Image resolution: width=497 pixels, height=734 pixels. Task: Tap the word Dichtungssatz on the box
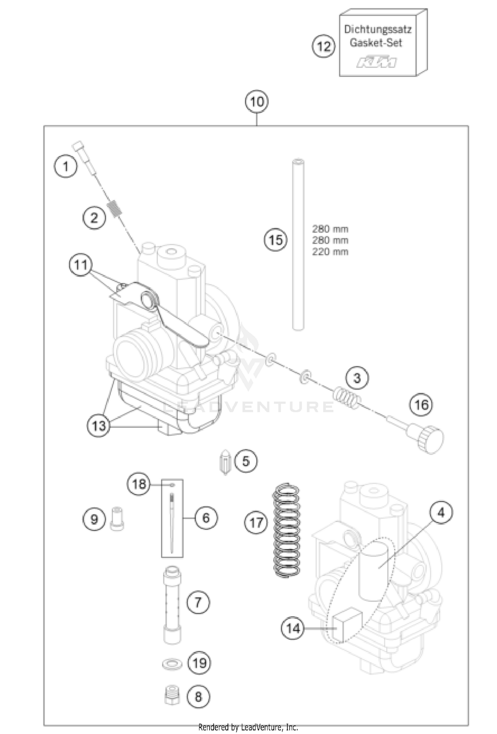[377, 30]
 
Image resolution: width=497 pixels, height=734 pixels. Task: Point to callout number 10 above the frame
[257, 102]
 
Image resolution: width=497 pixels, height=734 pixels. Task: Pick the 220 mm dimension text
[330, 252]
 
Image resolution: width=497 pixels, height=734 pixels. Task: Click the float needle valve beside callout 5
[226, 462]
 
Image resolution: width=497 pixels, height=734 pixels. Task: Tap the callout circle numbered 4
[441, 513]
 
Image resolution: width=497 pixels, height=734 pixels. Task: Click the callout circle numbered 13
[99, 425]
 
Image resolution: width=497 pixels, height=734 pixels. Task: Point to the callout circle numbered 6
[206, 517]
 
